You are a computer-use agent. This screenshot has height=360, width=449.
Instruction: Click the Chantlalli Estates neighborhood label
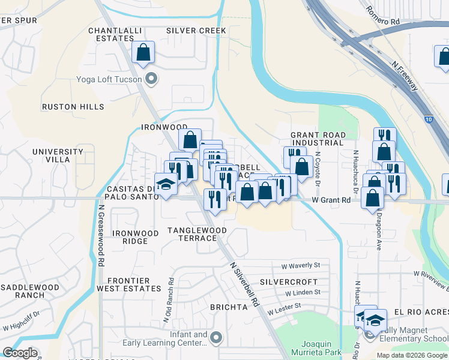(x=111, y=34)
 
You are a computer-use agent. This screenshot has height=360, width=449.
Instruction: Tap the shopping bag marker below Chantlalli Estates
(x=143, y=53)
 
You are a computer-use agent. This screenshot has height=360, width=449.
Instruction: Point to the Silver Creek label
(x=196, y=31)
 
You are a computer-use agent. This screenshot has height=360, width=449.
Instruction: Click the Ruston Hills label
(x=73, y=107)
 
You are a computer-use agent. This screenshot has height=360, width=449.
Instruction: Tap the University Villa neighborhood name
(x=58, y=156)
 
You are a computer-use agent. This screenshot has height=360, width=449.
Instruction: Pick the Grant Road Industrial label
(x=318, y=139)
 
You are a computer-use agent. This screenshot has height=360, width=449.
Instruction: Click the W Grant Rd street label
(x=331, y=200)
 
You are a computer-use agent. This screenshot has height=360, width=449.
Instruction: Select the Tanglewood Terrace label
(x=197, y=234)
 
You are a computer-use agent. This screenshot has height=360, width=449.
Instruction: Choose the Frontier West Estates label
(x=134, y=284)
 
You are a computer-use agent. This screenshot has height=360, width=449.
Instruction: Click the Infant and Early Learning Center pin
(x=216, y=339)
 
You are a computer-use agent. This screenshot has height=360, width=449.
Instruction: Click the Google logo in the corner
(x=20, y=353)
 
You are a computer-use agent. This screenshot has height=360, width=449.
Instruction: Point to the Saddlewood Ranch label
(x=30, y=291)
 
